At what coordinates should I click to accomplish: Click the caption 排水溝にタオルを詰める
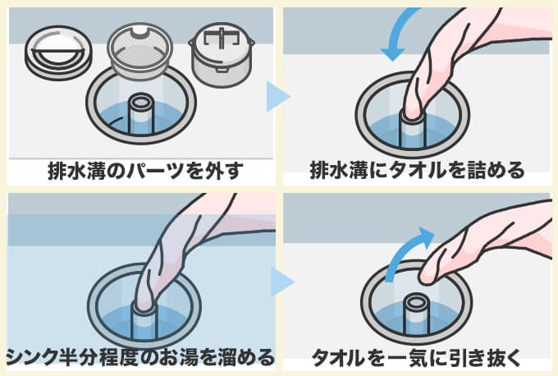point(418,172)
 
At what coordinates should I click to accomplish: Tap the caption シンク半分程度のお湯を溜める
point(139,356)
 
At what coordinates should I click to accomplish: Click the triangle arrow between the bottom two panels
point(281,282)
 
